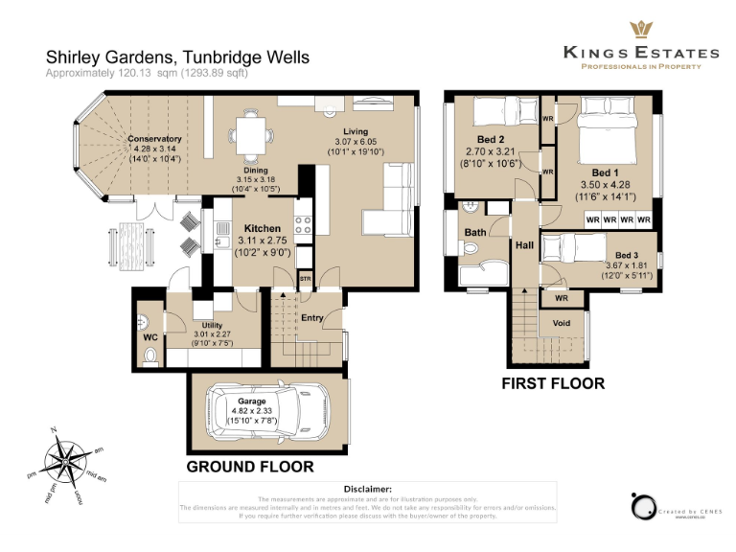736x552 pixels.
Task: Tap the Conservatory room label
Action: click(154, 139)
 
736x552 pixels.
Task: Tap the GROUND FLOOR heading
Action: click(249, 467)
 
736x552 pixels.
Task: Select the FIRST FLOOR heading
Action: click(553, 383)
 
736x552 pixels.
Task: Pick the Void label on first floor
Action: click(562, 323)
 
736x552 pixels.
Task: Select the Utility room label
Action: click(212, 326)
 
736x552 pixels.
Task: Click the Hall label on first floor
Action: click(524, 246)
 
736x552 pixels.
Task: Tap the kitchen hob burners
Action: click(303, 224)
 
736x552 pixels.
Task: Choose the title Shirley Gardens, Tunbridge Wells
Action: click(178, 57)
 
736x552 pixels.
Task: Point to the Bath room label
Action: click(475, 232)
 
